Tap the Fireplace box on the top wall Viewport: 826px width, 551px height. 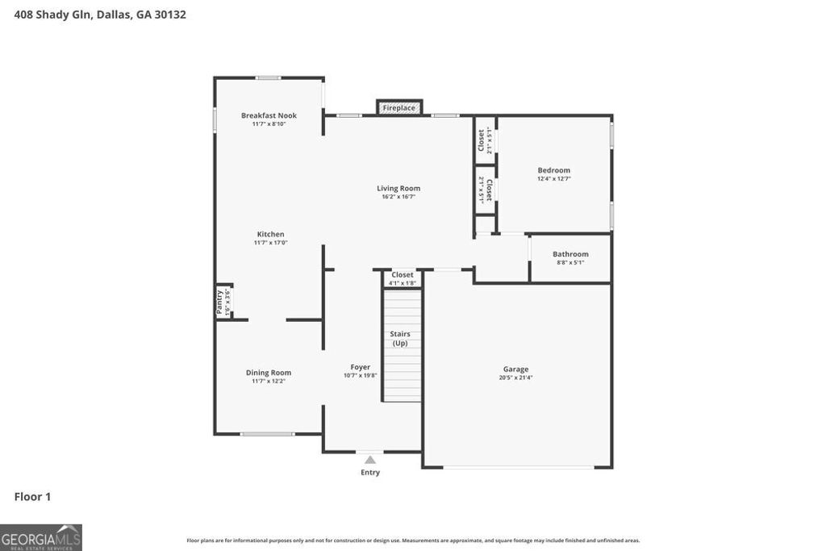point(398,107)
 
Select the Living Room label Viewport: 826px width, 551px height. point(398,188)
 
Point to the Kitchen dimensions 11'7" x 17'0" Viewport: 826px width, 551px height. point(270,243)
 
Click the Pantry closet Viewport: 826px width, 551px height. point(223,302)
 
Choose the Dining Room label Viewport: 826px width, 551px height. point(269,373)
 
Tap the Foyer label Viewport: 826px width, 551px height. point(360,367)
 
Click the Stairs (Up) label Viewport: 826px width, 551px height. point(400,338)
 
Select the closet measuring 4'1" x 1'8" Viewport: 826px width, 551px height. point(402,278)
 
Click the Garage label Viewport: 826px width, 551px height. point(516,369)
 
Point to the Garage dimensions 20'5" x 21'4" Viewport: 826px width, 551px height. point(516,378)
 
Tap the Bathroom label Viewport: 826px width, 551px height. point(570,254)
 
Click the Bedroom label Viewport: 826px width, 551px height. point(554,170)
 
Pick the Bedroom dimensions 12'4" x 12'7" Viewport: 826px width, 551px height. point(554,179)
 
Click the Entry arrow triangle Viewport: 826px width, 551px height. point(369,460)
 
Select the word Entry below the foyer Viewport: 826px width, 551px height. point(370,473)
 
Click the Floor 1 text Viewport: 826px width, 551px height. point(32,497)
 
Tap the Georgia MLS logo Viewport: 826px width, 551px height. point(41,537)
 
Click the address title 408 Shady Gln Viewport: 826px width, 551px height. point(100,15)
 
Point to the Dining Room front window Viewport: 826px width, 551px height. point(267,434)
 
